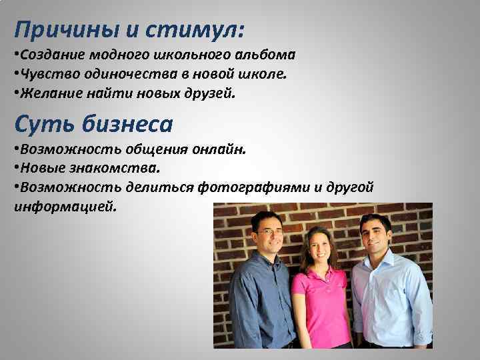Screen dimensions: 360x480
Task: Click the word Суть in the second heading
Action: pos(41,124)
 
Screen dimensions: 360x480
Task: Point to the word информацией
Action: pos(64,207)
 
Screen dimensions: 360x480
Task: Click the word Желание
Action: pos(47,94)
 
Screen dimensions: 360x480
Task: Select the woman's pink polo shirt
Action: pos(321,307)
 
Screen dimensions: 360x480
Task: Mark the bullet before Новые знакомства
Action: pos(16,169)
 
